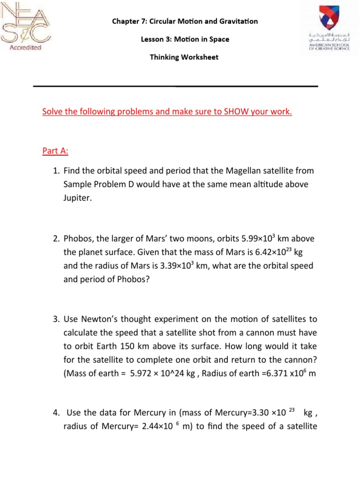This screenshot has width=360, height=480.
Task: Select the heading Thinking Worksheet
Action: tap(184, 57)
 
